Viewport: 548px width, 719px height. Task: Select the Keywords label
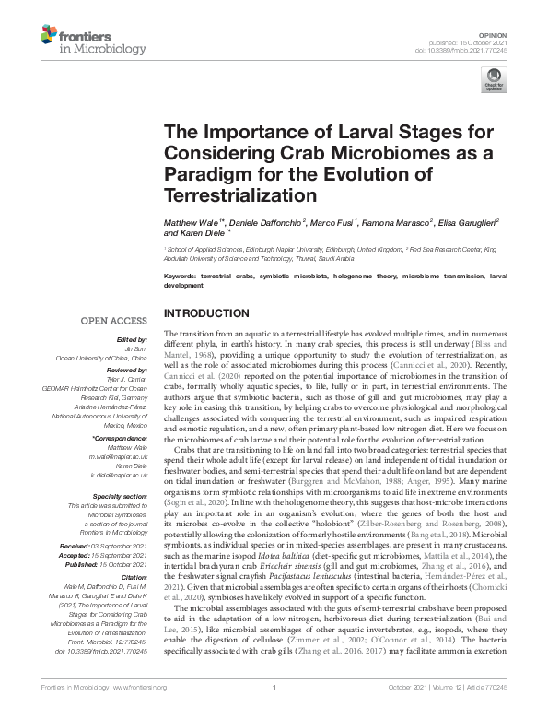[181, 276]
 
